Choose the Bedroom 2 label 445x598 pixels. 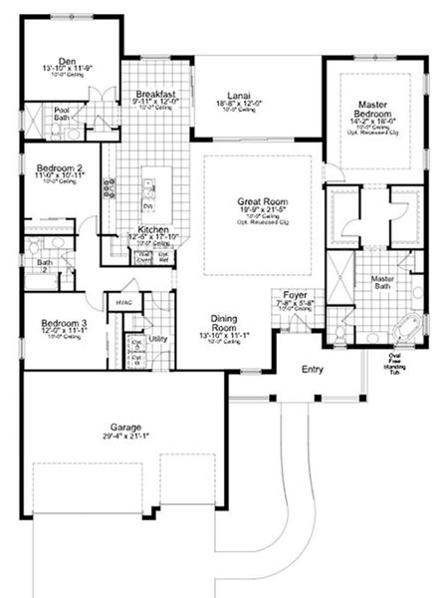(59, 168)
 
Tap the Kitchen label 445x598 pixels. (151, 229)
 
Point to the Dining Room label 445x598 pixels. (223, 324)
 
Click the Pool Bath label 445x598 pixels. (62, 113)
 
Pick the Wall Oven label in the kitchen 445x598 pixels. (143, 256)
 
